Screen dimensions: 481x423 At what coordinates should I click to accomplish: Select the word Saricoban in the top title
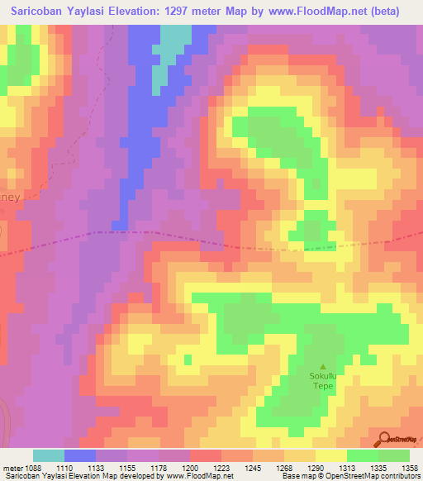coord(37,12)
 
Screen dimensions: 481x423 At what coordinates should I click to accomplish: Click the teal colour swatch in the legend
coord(49,455)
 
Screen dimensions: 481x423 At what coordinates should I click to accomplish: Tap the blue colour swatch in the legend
coord(80,455)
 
